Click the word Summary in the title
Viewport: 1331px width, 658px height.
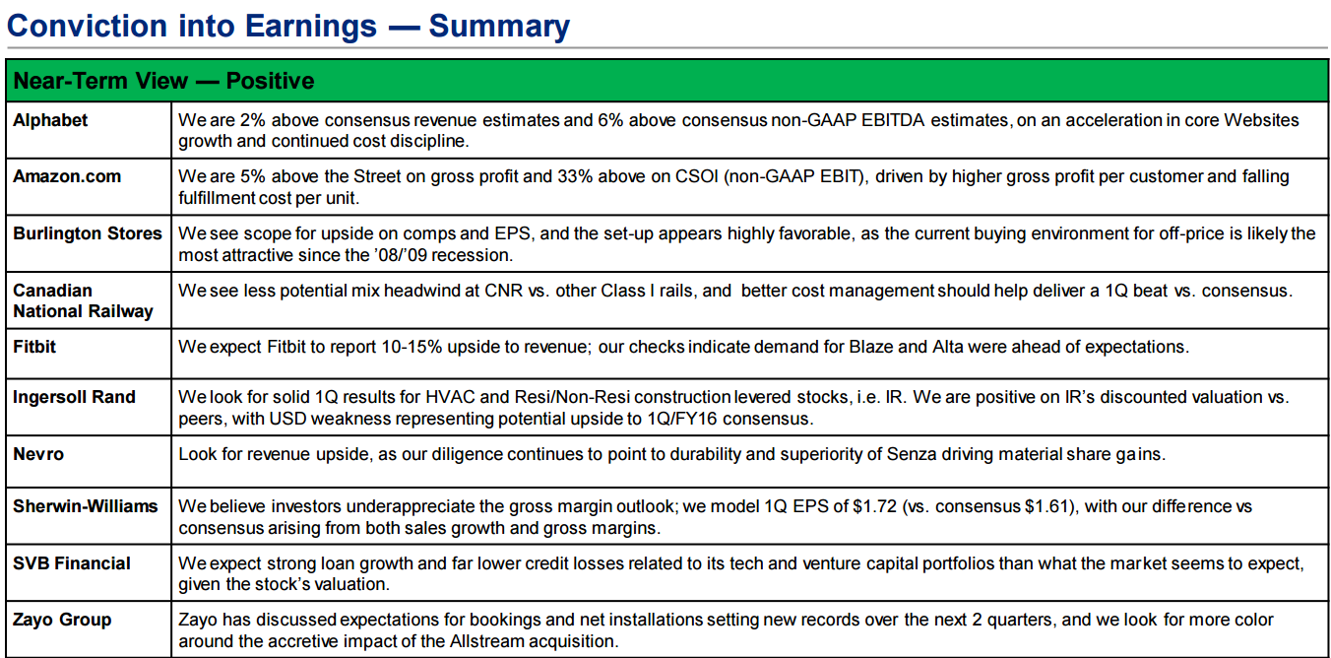pos(499,28)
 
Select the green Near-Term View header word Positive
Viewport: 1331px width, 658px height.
pos(270,81)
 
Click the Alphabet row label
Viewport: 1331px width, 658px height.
pos(50,120)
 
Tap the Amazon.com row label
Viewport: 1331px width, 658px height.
pos(67,176)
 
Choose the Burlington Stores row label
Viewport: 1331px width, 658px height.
pos(88,233)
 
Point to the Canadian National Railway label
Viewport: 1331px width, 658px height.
pos(83,300)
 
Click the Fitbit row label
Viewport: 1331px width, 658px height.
pos(34,347)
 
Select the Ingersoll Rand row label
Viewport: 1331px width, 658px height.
pos(74,397)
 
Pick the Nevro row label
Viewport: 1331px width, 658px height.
pos(38,454)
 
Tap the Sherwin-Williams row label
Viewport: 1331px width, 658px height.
pos(85,506)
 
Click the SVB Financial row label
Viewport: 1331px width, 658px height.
pos(71,563)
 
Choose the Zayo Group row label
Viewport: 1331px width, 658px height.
pos(62,620)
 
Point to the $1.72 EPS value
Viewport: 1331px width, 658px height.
pos(874,506)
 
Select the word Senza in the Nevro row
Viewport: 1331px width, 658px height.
pos(911,454)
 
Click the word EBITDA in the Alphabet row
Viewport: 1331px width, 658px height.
pos(893,120)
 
